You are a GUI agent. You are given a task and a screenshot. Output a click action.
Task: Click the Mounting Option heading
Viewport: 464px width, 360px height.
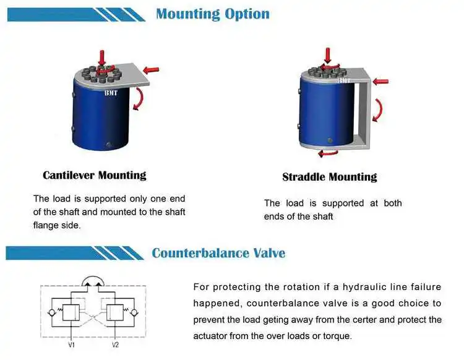212,14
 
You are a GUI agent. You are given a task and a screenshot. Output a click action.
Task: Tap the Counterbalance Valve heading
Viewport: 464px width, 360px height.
218,253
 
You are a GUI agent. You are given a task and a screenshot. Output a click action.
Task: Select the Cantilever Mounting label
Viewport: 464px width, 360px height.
94,175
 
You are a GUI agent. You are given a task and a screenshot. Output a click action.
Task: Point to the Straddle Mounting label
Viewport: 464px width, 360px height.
329,177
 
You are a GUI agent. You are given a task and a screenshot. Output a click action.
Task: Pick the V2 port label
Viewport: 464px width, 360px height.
115,344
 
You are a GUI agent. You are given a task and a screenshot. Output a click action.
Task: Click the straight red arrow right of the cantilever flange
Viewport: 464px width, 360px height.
151,69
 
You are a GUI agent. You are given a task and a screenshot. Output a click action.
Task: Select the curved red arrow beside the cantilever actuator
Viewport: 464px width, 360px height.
141,98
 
